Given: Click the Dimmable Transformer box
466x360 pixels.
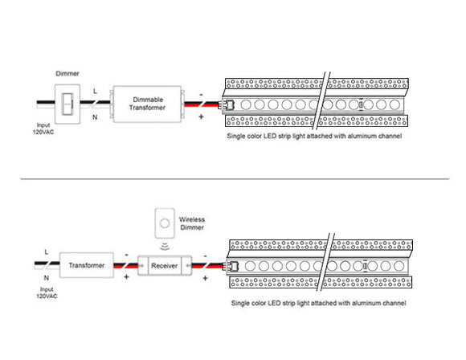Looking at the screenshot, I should point(148,103).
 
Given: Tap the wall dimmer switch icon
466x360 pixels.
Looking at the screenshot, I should point(66,103).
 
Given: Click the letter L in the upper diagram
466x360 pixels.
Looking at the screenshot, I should point(96,91).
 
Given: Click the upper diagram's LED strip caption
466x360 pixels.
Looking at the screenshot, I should point(315,137).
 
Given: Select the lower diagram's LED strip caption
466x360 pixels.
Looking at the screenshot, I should point(318,303).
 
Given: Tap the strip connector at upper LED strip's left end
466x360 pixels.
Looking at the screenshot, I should point(227,104).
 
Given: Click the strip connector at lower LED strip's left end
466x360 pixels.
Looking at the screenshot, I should point(234,264).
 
